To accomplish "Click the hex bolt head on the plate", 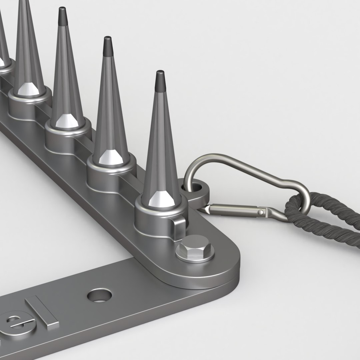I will [194, 248].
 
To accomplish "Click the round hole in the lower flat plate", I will [99, 295].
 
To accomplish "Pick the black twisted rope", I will [320, 223].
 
